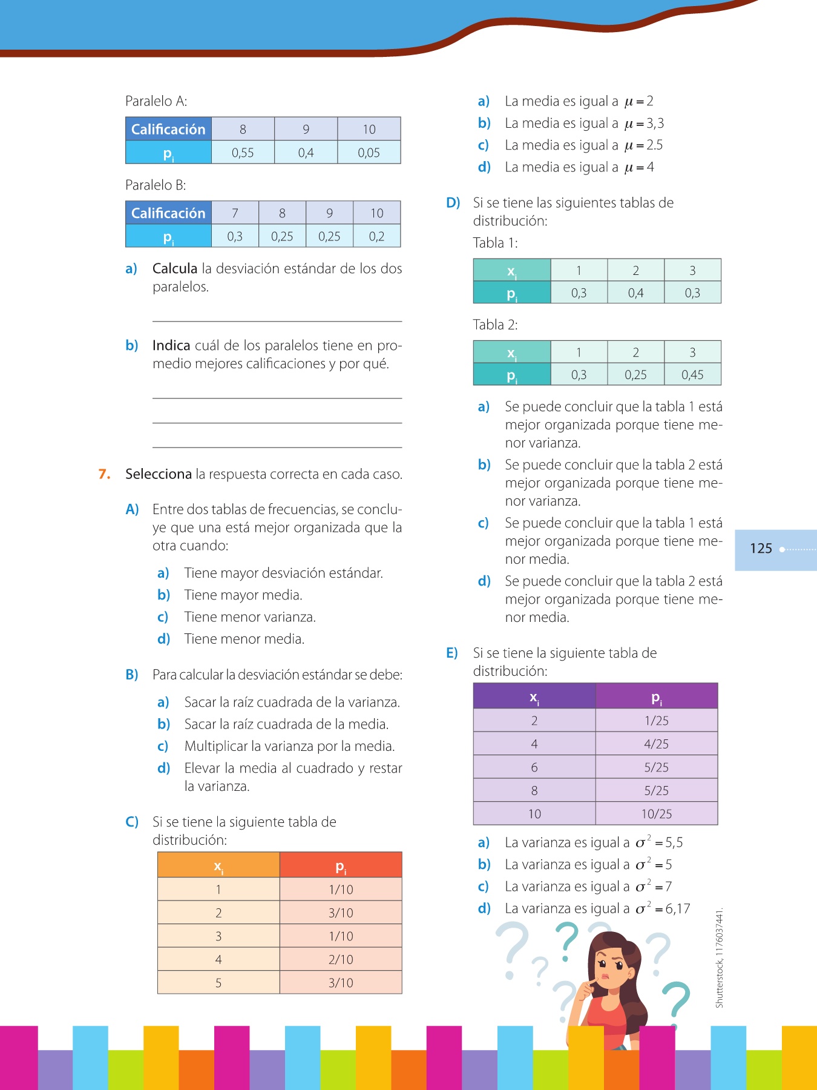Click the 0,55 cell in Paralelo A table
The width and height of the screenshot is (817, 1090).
pyautogui.click(x=243, y=153)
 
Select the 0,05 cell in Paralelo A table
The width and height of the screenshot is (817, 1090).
pyautogui.click(x=369, y=153)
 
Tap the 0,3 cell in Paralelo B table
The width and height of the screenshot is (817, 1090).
pyautogui.click(x=235, y=236)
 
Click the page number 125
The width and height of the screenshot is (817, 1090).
pyautogui.click(x=761, y=549)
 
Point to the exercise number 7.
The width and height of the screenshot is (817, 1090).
pyautogui.click(x=104, y=474)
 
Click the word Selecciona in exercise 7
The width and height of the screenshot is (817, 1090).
pyautogui.click(x=158, y=474)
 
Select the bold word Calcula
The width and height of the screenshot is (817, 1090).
pyautogui.click(x=174, y=269)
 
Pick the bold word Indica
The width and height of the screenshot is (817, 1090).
pyautogui.click(x=171, y=346)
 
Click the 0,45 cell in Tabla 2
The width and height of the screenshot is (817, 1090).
pyautogui.click(x=692, y=375)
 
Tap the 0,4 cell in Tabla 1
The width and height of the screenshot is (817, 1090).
pyautogui.click(x=635, y=293)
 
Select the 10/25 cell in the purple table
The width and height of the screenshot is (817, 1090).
pyautogui.click(x=657, y=814)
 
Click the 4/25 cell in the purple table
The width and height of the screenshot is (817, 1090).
pyautogui.click(x=657, y=744)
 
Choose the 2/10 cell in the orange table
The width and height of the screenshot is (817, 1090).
pyautogui.click(x=341, y=960)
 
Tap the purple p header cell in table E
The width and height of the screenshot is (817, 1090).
pyautogui.click(x=657, y=697)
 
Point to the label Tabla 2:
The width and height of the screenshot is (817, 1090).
pyautogui.click(x=495, y=325)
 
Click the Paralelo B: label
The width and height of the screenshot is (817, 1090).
pyautogui.click(x=156, y=185)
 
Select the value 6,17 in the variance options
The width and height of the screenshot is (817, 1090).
pyautogui.click(x=678, y=909)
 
